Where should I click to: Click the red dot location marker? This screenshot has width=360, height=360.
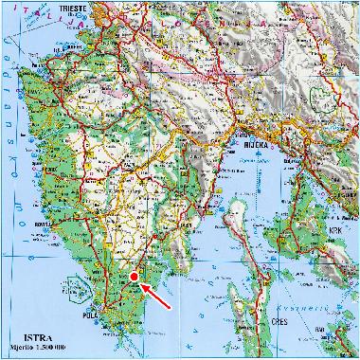click(x=135, y=276)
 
